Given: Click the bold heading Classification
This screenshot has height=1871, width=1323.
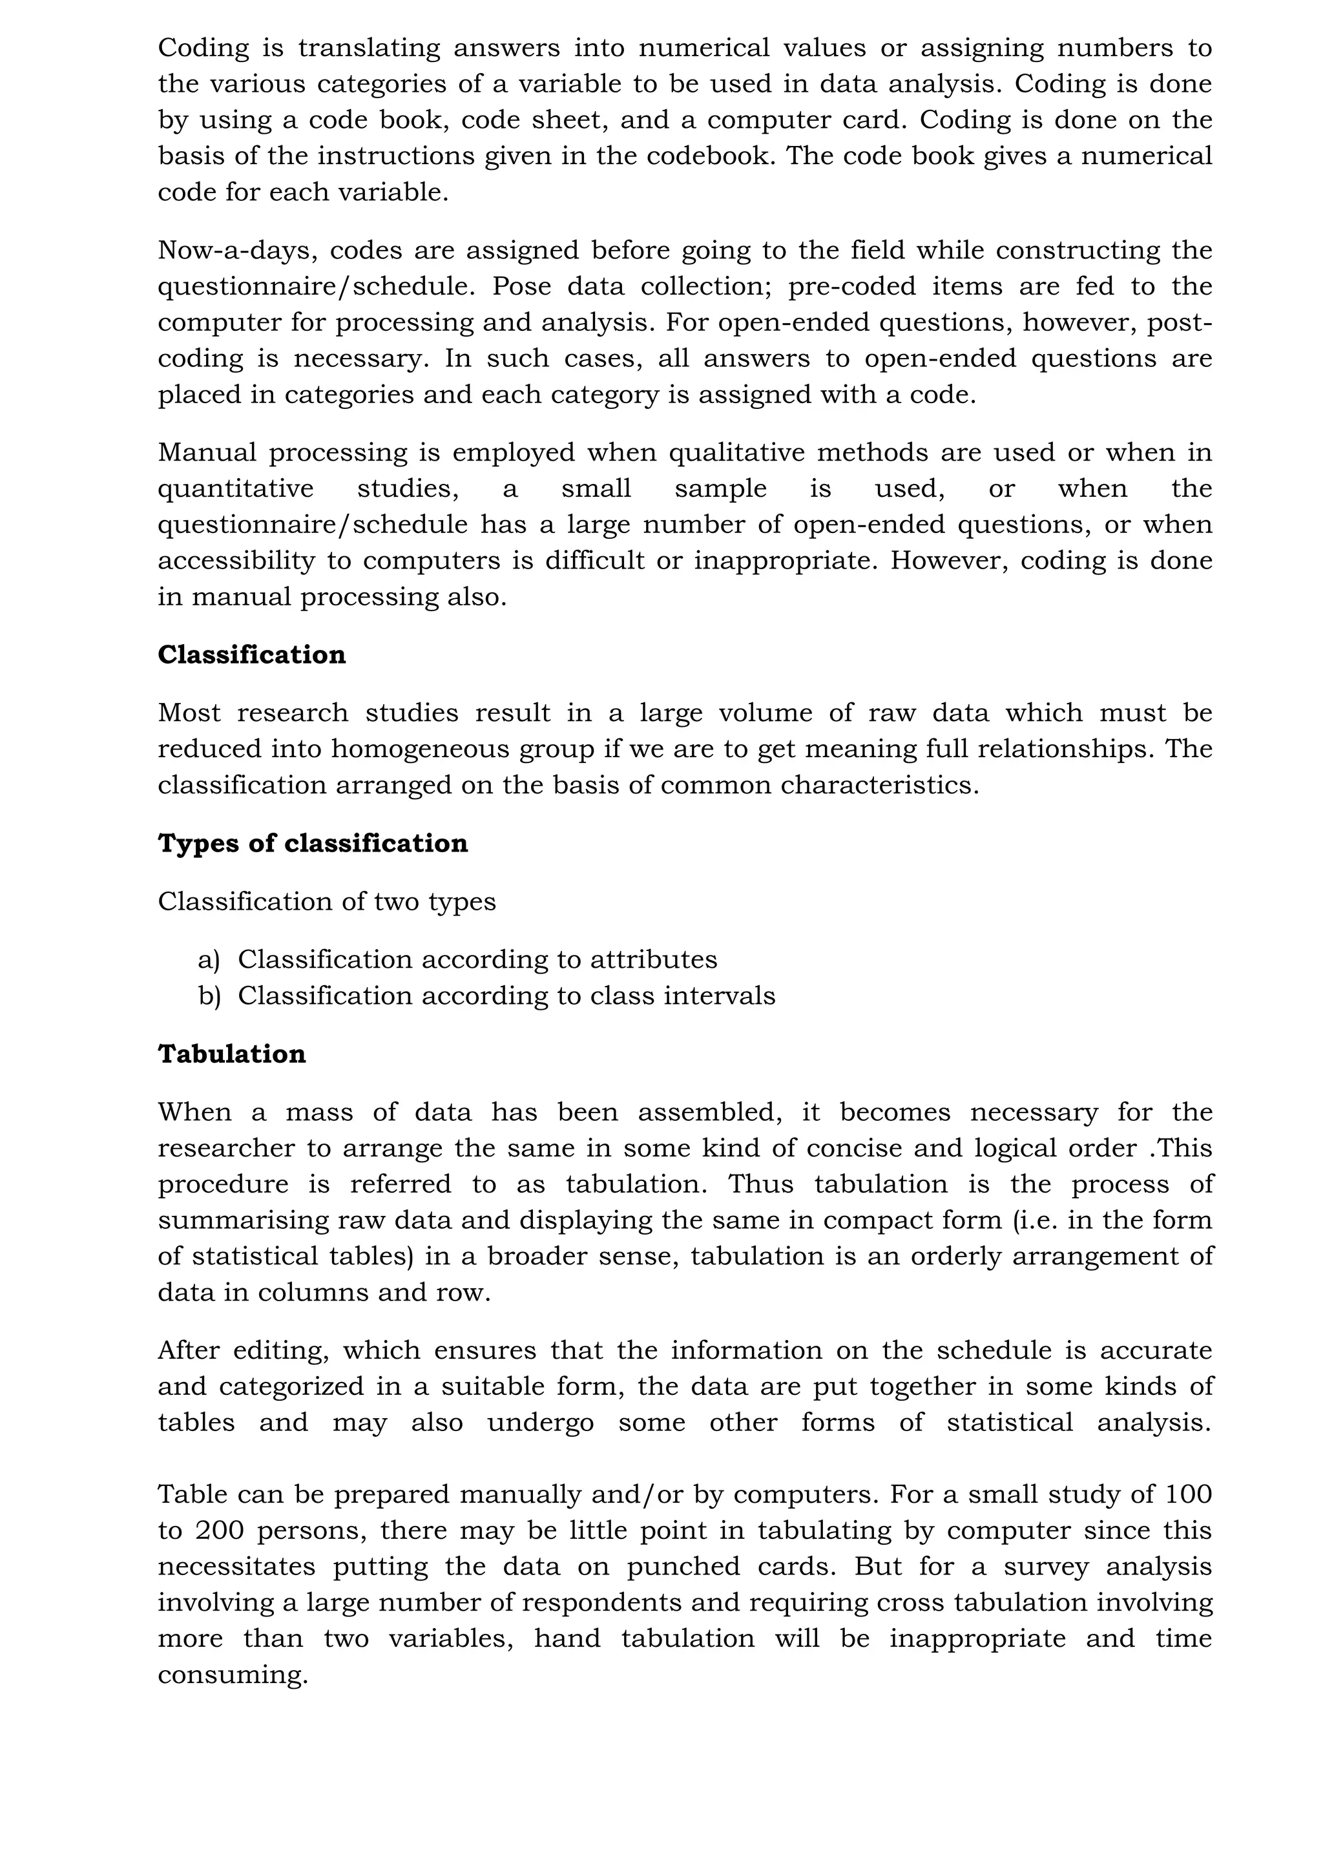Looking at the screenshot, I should [x=252, y=655].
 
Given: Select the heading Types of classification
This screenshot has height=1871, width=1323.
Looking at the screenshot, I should [x=313, y=843].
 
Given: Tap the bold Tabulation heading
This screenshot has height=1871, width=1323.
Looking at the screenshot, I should [x=232, y=1054].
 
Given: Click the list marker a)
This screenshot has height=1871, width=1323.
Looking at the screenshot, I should [x=209, y=960].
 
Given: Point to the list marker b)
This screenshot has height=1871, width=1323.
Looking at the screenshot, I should [x=209, y=996].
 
